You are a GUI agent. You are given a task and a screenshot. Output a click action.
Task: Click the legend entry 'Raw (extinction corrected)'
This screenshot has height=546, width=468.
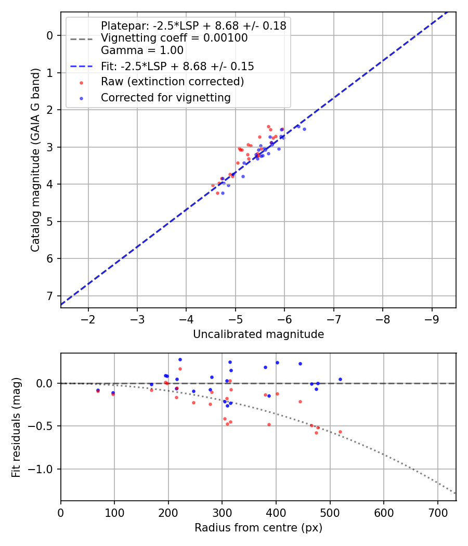click(172, 82)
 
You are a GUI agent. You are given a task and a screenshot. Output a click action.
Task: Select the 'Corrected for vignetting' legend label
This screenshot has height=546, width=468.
click(165, 97)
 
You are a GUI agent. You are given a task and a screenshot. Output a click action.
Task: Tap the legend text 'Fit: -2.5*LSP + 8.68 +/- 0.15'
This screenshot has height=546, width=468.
click(177, 66)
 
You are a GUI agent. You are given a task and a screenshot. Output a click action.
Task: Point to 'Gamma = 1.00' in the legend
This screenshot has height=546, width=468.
click(142, 50)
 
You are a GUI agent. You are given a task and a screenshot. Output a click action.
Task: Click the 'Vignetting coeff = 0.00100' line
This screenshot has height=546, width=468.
click(174, 38)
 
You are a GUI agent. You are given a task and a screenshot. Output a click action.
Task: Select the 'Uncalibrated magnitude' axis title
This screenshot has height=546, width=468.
click(258, 334)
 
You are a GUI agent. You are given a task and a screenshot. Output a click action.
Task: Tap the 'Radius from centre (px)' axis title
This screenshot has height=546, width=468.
click(258, 528)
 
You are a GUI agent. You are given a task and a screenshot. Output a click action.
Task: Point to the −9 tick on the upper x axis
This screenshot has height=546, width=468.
click(432, 318)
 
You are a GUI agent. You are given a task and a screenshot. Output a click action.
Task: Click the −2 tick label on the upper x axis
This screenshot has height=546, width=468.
click(88, 318)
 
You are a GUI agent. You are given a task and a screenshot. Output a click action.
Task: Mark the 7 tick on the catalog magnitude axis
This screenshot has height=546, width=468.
click(50, 296)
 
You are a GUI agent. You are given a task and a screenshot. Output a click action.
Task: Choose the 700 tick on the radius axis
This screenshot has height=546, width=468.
click(437, 512)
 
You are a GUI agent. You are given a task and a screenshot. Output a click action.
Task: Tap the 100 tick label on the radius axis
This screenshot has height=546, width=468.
click(114, 512)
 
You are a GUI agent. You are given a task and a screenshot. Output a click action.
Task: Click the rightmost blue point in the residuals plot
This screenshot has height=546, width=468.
click(340, 379)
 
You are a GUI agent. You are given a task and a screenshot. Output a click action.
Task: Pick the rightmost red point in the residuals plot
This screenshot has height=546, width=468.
click(340, 432)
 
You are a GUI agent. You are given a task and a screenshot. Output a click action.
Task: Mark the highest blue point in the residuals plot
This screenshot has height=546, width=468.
click(180, 359)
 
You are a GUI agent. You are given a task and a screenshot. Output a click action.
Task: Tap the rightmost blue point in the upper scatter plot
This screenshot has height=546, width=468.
click(304, 129)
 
